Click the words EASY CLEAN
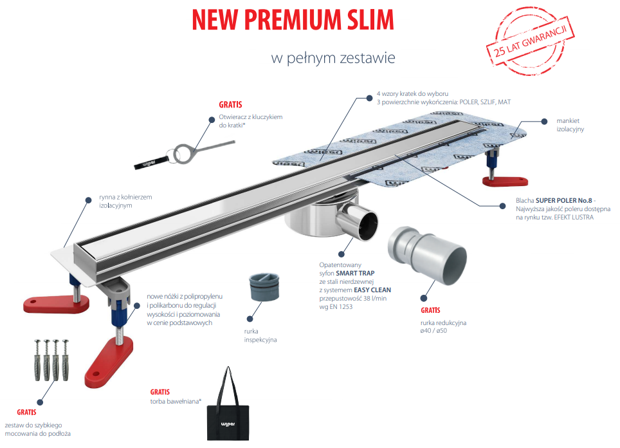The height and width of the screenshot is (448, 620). pos(372,290)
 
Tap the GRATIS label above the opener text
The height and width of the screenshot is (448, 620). pos(230,104)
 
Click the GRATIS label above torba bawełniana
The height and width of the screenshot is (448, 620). pos(160,391)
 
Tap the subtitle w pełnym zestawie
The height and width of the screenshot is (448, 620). pos(333,58)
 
